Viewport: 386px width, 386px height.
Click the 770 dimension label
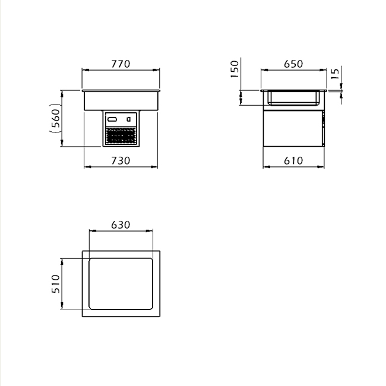[121, 64]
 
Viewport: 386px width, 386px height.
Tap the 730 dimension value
[121, 161]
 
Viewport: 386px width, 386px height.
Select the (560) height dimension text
[55, 118]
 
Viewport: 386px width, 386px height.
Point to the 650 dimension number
[293, 64]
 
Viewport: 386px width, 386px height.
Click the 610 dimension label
[293, 161]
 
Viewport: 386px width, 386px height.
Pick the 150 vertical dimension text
[235, 69]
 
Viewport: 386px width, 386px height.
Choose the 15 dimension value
[335, 74]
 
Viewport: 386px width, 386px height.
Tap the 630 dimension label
[121, 224]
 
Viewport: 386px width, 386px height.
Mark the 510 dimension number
[56, 284]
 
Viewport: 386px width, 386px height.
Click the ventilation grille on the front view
[121, 135]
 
